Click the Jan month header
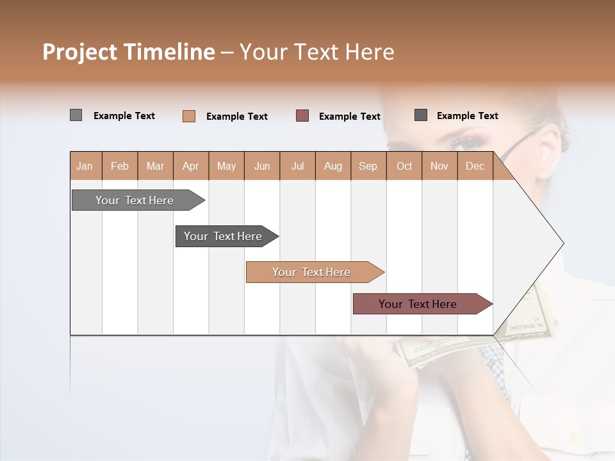85,166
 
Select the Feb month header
120,166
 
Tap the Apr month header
190,166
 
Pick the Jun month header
262,166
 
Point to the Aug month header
332,166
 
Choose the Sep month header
368,166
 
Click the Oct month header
404,166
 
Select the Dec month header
475,166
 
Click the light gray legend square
76,115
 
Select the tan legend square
188,116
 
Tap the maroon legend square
302,115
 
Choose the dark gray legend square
421,115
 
